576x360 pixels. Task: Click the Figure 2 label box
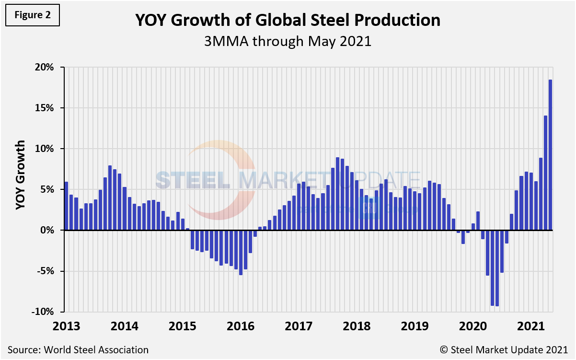[33, 14]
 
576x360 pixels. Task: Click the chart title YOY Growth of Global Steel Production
[288, 20]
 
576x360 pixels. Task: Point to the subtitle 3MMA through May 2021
[288, 41]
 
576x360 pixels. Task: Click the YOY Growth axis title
[20, 175]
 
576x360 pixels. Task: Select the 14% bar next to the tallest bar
[545, 173]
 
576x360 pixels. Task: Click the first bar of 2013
[66, 206]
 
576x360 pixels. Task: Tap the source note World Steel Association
[78, 350]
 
